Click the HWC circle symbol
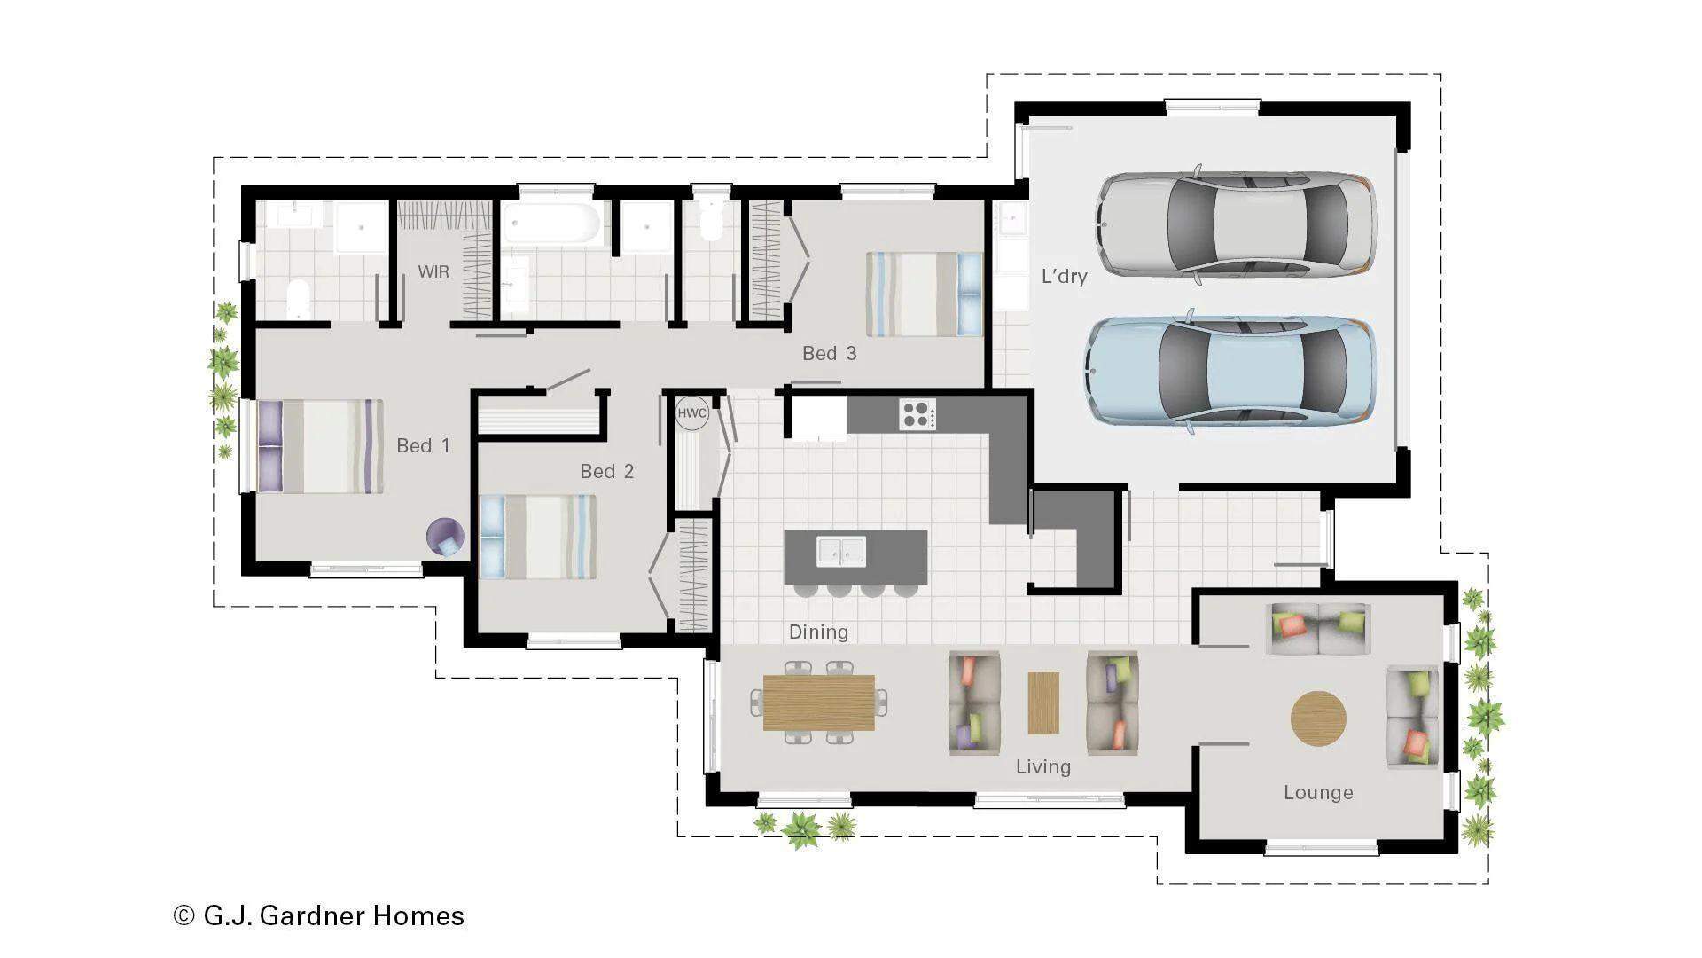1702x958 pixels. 691,413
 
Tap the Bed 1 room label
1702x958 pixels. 423,445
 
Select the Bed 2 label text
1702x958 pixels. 606,471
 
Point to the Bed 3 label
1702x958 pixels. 829,353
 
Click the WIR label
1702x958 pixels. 433,271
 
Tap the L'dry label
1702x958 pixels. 1064,276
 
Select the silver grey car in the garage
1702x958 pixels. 1237,224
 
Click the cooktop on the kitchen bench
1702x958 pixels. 917,413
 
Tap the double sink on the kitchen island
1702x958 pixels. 840,551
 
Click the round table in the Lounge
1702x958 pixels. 1318,718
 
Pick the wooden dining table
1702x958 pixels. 818,703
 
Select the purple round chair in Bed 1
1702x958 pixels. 445,538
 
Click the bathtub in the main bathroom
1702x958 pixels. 553,224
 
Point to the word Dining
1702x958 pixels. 818,632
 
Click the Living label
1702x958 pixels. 1042,766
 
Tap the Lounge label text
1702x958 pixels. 1317,792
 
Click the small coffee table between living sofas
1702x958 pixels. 1043,703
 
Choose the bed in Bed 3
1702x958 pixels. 925,294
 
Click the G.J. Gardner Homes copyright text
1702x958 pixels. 319,915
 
